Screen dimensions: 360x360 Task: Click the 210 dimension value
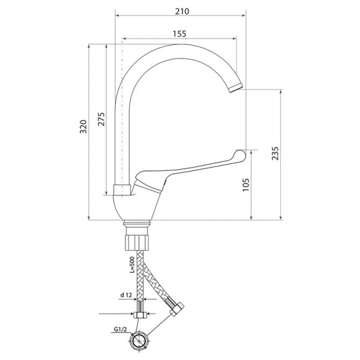tap(182, 11)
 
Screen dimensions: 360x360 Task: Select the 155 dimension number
tap(179, 34)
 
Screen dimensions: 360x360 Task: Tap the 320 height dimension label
tap(83, 127)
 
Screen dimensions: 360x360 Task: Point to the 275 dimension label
tap(101, 119)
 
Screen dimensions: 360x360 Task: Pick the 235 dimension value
tap(275, 154)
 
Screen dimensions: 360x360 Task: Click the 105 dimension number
tap(245, 185)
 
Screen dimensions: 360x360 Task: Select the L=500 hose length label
tap(132, 265)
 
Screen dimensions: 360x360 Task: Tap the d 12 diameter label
tap(126, 295)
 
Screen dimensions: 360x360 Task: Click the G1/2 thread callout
tap(121, 329)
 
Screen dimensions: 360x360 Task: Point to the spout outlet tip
tap(236, 88)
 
